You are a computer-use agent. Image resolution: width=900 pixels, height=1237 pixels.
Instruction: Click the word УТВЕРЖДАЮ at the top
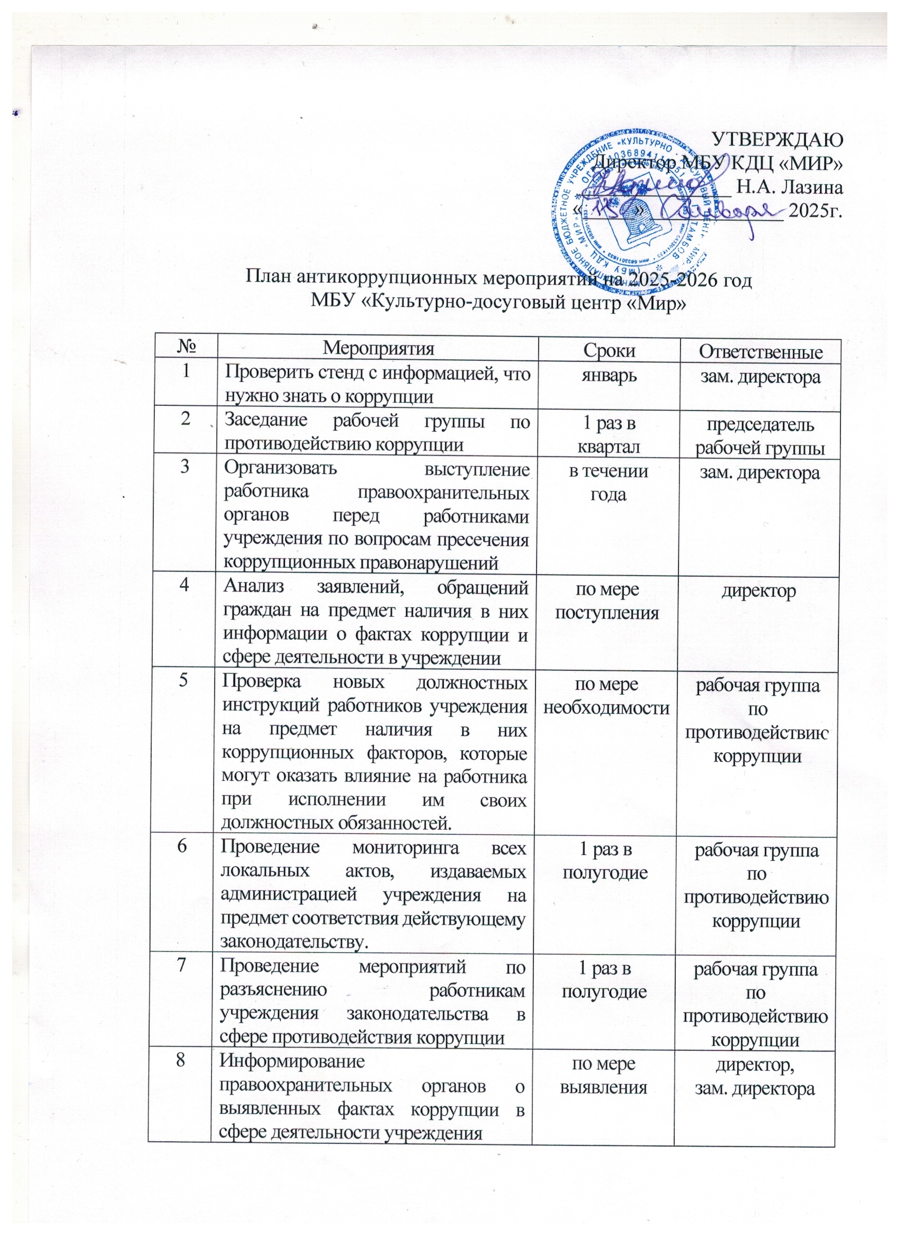pos(778,139)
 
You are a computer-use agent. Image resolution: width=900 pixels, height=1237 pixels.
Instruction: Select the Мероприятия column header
pos(378,349)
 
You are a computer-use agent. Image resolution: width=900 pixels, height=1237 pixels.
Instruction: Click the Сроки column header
pos(609,350)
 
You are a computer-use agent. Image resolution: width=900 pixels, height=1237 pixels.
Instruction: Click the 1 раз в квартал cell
pos(609,435)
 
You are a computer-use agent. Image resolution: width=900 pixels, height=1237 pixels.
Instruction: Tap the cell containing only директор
pos(759,590)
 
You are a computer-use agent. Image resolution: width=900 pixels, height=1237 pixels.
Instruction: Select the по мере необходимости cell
pos(606,696)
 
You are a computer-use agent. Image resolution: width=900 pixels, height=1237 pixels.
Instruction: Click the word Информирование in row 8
pos(292,1061)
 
